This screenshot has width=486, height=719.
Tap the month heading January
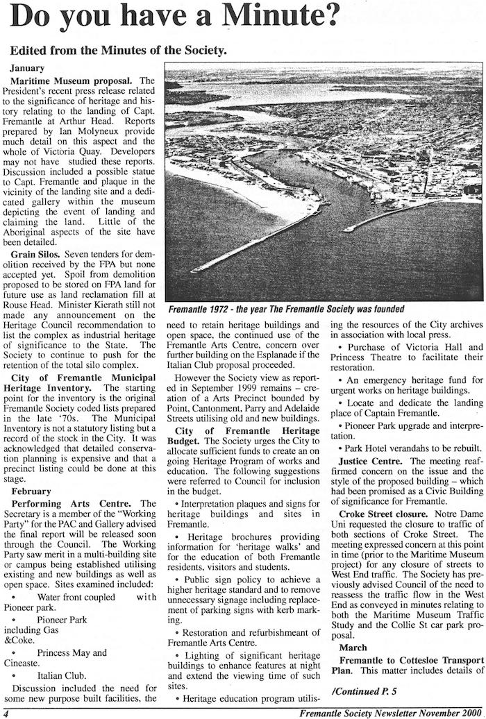click(x=28, y=68)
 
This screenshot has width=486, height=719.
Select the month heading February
click(x=31, y=491)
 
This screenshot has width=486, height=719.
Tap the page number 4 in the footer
click(x=6, y=712)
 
